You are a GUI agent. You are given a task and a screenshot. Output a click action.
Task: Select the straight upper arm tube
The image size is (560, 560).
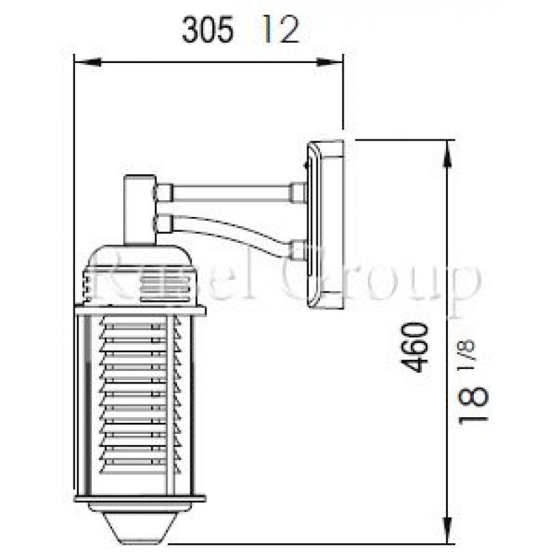[231, 191]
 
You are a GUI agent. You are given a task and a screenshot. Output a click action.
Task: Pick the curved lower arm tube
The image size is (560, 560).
[231, 232]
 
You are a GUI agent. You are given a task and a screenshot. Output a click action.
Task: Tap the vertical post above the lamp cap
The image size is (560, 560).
[139, 210]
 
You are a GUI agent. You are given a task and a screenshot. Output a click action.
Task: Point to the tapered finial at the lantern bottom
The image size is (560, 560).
[140, 525]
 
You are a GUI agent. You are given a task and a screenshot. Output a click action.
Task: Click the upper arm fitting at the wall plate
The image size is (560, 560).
[297, 192]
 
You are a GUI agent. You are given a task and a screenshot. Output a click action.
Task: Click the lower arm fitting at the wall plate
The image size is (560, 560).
[297, 250]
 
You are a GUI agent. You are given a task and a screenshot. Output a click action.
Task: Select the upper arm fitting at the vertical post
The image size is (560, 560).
[164, 191]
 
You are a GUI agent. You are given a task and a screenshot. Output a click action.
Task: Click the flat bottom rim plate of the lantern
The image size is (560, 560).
[140, 500]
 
